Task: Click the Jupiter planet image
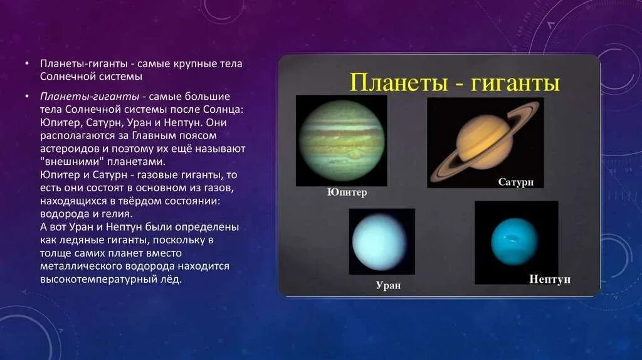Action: (x=342, y=141)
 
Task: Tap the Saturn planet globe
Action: (x=485, y=141)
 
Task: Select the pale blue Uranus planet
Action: (x=379, y=243)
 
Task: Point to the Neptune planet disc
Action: (x=514, y=241)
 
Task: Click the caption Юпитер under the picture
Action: (x=347, y=192)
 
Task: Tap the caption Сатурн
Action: (x=516, y=182)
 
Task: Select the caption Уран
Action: (x=388, y=285)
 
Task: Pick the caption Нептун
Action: (x=549, y=279)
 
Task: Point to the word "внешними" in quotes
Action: (x=71, y=161)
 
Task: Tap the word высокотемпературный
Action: (x=98, y=279)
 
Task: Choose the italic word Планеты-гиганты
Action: (x=90, y=97)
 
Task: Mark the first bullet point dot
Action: (x=27, y=63)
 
